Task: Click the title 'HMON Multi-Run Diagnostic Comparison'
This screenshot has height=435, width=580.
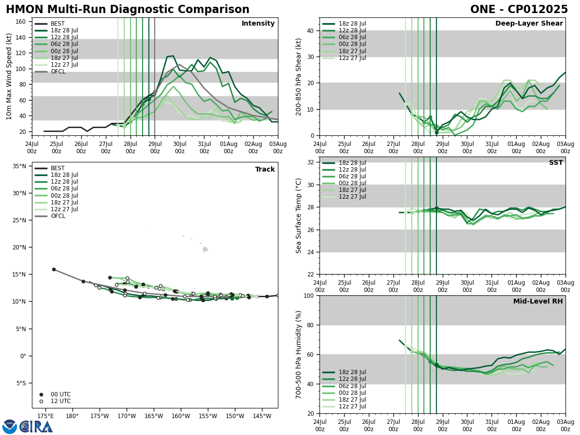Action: click(x=128, y=10)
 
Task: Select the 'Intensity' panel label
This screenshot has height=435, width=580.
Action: click(x=258, y=24)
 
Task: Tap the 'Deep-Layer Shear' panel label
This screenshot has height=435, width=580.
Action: click(x=529, y=24)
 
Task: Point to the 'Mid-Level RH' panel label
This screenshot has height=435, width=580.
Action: click(x=538, y=302)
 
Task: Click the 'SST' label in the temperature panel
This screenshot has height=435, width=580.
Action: click(x=556, y=163)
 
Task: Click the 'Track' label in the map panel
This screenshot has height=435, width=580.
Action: click(x=265, y=170)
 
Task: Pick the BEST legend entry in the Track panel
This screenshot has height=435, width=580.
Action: click(x=58, y=168)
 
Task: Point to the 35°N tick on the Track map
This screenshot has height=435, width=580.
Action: click(x=19, y=166)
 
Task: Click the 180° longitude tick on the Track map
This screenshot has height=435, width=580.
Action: click(x=72, y=416)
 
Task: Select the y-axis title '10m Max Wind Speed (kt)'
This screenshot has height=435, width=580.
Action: click(x=9, y=76)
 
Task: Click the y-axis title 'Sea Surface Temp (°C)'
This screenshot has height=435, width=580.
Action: click(x=299, y=216)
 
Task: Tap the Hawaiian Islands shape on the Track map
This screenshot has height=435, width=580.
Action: click(x=204, y=249)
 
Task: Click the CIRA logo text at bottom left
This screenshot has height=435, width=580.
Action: click(x=37, y=427)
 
